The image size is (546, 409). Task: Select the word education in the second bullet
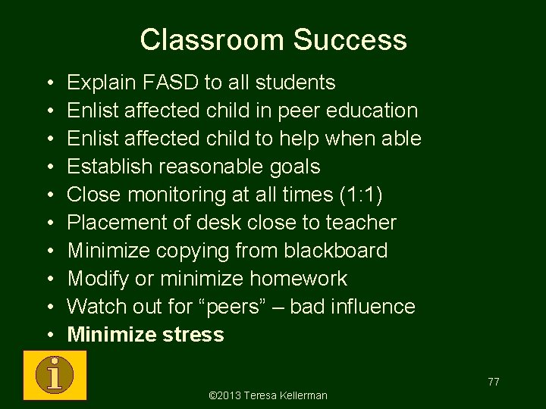pyautogui.click(x=370, y=110)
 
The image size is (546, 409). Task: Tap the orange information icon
pyautogui.click(x=55, y=374)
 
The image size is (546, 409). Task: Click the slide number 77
pyautogui.click(x=493, y=382)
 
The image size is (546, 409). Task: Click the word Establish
pyautogui.click(x=107, y=166)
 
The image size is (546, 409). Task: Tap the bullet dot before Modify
pyautogui.click(x=47, y=279)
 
